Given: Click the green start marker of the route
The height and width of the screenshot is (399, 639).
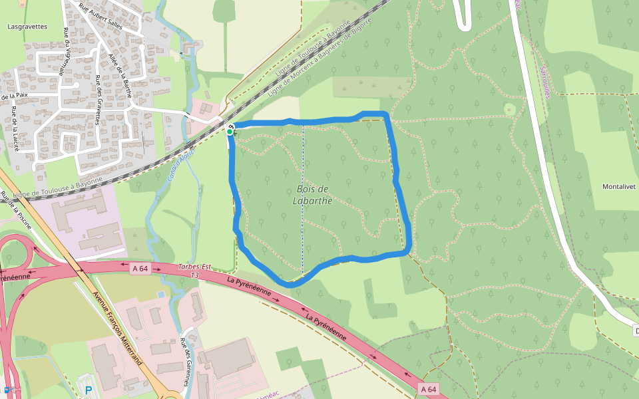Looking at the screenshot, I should [x=230, y=132].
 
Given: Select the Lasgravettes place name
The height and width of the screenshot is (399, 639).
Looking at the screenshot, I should [x=27, y=27].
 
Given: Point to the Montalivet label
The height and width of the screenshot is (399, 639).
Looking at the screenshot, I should [x=620, y=187].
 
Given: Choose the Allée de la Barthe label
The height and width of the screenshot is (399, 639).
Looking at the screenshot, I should [x=121, y=74].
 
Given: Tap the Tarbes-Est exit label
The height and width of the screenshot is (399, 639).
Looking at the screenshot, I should [x=194, y=267].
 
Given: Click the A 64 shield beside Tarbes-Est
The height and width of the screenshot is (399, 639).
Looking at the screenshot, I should [x=139, y=268].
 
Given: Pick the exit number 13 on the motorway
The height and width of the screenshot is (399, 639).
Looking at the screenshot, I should [x=195, y=275].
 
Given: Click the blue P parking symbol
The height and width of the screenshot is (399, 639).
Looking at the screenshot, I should [x=89, y=390].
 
